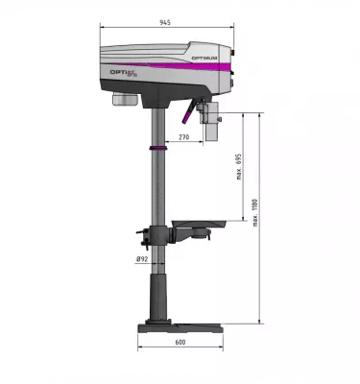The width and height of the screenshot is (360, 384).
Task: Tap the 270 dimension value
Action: [x=183, y=137]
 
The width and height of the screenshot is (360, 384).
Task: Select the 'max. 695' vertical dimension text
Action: [x=239, y=169]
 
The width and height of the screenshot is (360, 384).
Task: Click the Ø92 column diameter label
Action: [x=141, y=258]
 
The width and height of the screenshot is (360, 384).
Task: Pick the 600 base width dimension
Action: [x=180, y=343]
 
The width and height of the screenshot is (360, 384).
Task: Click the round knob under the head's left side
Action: [x=125, y=100]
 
